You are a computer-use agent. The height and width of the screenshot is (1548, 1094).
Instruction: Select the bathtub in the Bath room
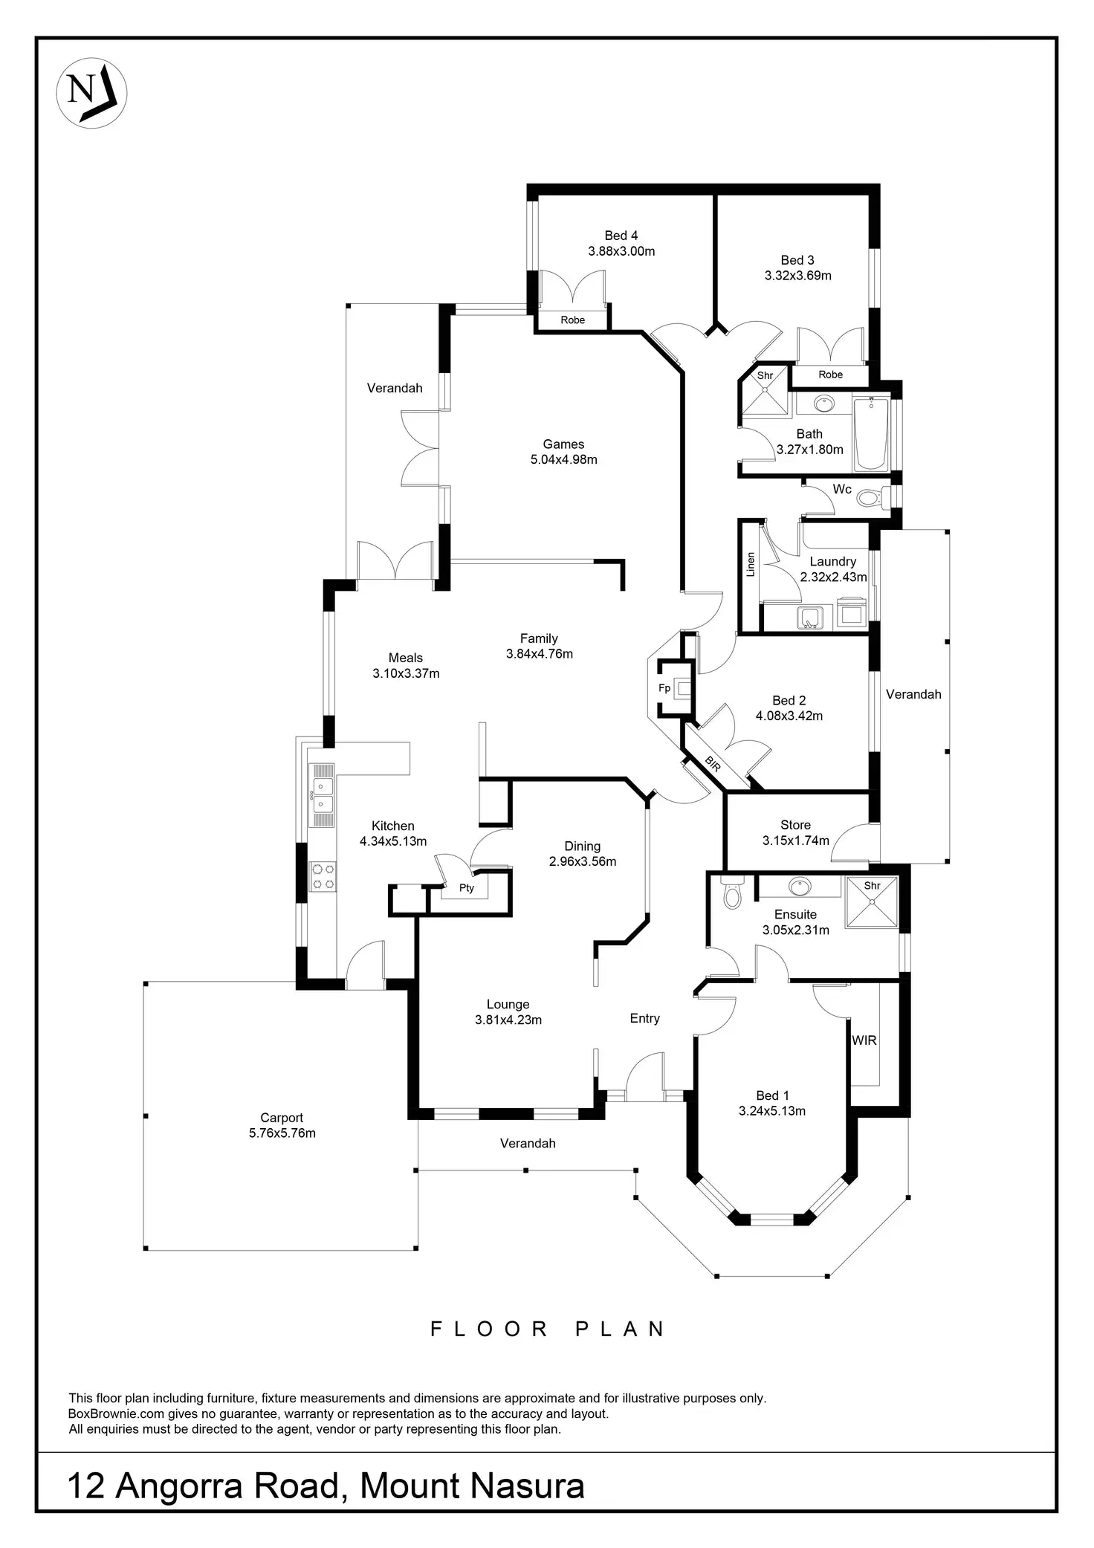tap(871, 434)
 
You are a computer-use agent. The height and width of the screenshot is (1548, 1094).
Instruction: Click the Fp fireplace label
tap(664, 688)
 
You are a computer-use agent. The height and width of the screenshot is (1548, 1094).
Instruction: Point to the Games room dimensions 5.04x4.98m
tap(563, 460)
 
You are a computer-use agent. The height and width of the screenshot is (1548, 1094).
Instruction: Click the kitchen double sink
tap(322, 795)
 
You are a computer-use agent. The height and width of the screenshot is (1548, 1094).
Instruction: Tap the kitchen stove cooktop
tap(323, 875)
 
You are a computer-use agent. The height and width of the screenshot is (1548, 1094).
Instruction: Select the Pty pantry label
tap(467, 887)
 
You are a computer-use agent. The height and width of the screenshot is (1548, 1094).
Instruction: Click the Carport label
tap(282, 1118)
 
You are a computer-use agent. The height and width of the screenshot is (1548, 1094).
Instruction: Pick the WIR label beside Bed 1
tap(864, 1040)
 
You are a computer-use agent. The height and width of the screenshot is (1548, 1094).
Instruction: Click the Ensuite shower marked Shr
tap(872, 902)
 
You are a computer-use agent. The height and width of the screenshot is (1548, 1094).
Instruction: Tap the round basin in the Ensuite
tap(800, 886)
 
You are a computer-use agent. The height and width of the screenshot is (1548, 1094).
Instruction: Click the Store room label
tap(795, 825)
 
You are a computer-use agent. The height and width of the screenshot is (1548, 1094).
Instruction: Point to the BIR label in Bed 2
tap(712, 765)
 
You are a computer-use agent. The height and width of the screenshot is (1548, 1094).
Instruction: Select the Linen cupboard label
tap(751, 565)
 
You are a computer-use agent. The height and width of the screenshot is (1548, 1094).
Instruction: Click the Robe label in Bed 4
tap(572, 320)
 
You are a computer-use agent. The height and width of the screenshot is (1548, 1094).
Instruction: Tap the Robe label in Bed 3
tap(830, 375)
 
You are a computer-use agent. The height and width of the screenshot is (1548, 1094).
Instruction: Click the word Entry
tap(644, 1018)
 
